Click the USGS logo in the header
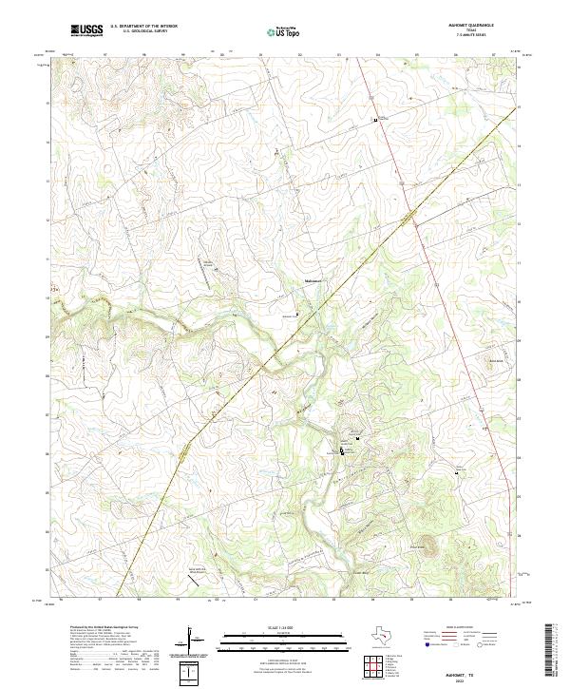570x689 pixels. (x=86, y=29)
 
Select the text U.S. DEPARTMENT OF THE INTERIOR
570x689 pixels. (x=143, y=26)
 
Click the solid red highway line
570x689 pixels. (x=446, y=285)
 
